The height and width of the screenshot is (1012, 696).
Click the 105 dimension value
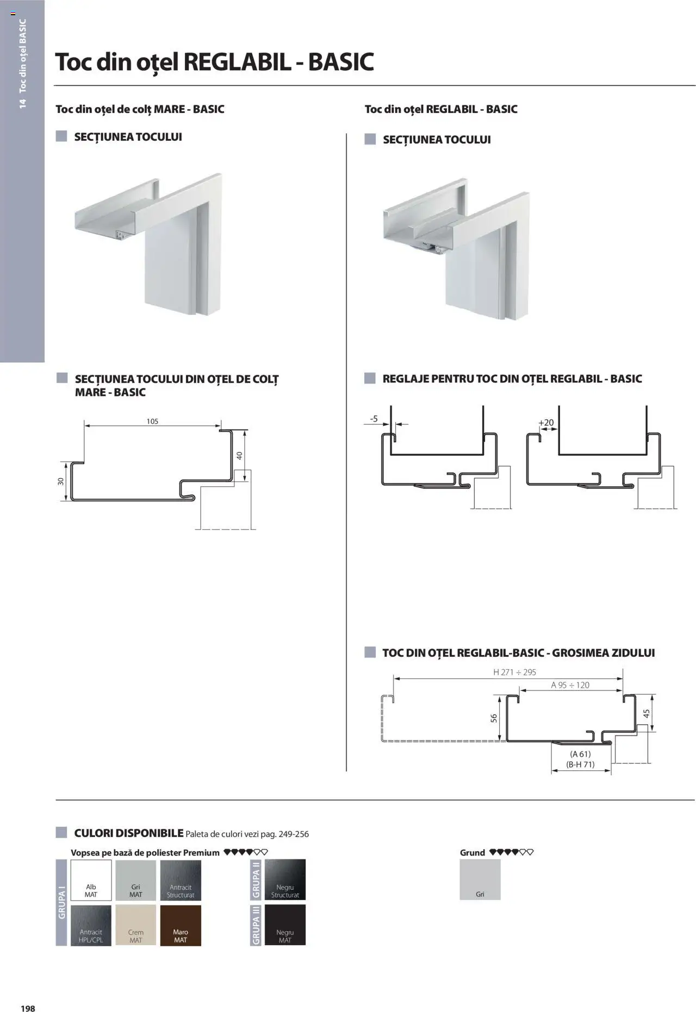[x=152, y=421]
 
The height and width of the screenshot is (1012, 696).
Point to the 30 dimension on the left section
[x=61, y=481]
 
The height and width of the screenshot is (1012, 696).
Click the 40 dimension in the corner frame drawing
[x=239, y=456]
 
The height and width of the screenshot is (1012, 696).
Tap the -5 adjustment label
[x=374, y=419]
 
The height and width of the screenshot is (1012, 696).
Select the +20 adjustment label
[x=546, y=423]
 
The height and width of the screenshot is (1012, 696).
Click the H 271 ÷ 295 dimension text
[x=514, y=672]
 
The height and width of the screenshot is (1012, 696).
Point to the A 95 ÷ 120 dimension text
[x=570, y=685]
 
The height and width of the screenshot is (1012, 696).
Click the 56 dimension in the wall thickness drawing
[x=494, y=718]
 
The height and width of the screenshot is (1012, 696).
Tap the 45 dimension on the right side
[x=647, y=713]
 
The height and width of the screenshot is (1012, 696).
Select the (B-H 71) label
[x=580, y=764]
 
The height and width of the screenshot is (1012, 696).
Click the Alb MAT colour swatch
[x=91, y=880]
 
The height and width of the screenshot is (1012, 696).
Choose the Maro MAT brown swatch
[x=181, y=925]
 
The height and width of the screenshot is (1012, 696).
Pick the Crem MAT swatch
[x=136, y=925]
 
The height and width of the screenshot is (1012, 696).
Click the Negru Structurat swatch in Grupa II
[x=285, y=879]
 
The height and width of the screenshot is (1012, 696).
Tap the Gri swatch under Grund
[x=480, y=879]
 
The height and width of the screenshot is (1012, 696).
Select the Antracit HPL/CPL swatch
[x=91, y=925]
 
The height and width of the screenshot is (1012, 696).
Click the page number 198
[x=28, y=1004]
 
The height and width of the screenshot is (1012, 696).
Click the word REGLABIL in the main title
[x=237, y=62]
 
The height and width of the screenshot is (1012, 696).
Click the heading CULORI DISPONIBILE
[x=128, y=833]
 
